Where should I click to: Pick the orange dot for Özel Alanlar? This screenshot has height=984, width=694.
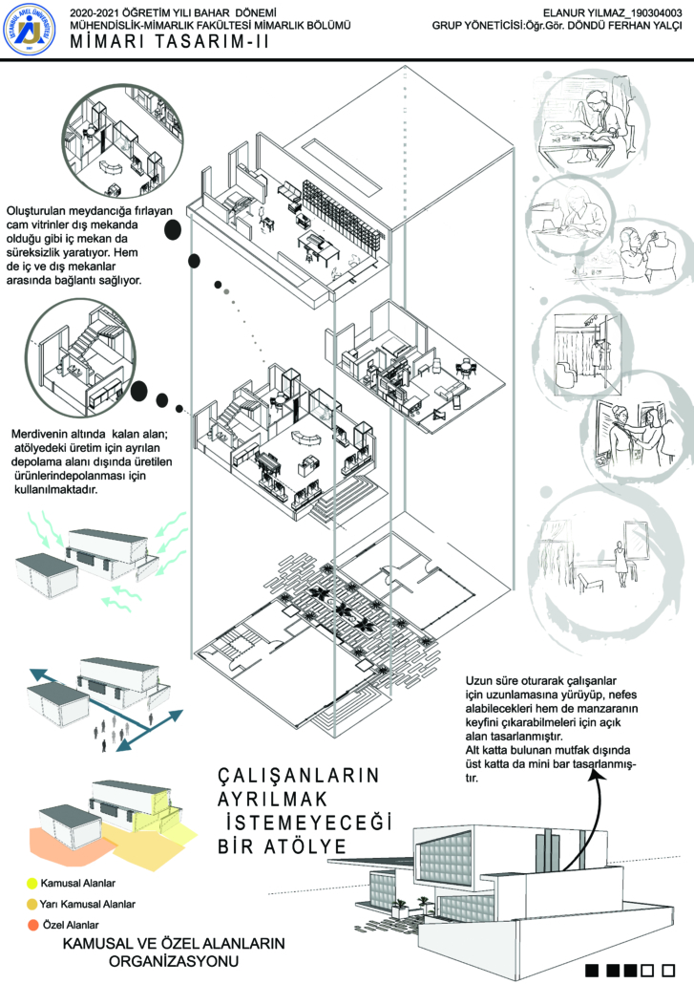(32, 924)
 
